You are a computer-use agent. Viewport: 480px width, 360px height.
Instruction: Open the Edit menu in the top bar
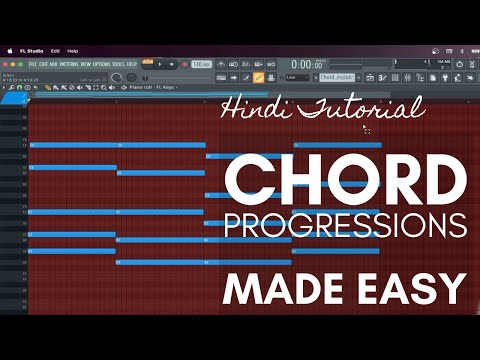tap(55, 50)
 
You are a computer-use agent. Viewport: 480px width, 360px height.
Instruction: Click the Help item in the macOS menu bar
tap(73, 50)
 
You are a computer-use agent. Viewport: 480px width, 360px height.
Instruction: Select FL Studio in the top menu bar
tap(30, 50)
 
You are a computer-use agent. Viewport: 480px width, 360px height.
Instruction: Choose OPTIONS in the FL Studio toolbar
tap(103, 63)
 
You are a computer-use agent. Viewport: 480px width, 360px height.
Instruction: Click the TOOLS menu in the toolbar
tap(118, 63)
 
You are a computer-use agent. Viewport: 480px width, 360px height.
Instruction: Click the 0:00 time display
tap(278, 63)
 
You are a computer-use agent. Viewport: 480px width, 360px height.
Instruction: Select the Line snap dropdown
tap(297, 76)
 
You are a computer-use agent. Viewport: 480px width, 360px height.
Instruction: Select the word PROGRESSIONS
tap(345, 226)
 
